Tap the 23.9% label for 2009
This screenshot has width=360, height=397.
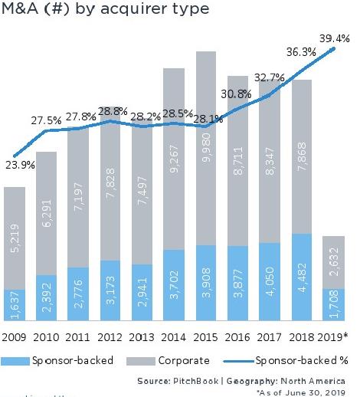[x=19, y=164]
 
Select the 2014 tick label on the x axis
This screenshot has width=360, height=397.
[x=173, y=336]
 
